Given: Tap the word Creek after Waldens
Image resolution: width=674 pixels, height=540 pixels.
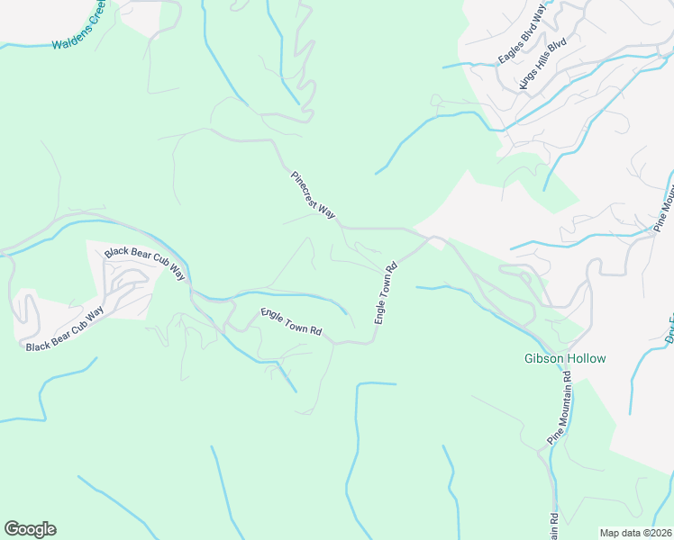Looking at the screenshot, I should coord(100,19).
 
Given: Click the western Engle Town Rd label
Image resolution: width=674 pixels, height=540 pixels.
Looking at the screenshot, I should coord(291,321).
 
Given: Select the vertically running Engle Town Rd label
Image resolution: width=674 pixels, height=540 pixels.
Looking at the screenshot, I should coord(386,294).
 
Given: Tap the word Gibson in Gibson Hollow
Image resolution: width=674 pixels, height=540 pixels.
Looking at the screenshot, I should coord(544,358).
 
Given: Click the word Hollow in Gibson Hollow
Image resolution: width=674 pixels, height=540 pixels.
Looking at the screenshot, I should coord(587,358).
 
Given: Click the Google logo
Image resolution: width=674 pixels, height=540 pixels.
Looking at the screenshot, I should coord(30,528).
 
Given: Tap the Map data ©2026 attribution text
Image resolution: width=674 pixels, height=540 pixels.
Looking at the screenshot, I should coord(636,533).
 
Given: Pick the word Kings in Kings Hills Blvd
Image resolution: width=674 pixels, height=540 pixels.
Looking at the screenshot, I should coord(527,79).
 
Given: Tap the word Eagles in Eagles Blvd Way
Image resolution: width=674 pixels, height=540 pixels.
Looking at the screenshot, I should coord(509,52).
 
